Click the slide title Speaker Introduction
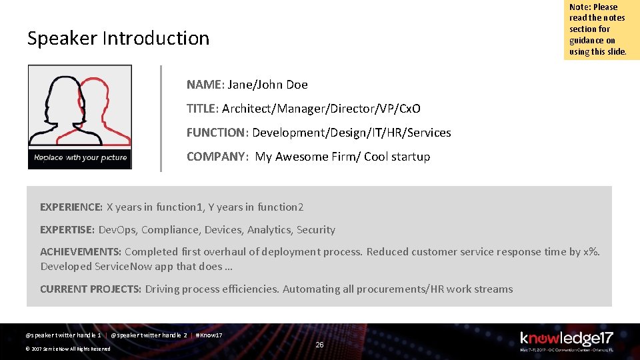click(x=118, y=39)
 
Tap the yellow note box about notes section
click(x=601, y=30)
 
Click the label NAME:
click(x=205, y=85)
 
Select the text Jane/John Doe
click(x=267, y=85)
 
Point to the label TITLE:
click(x=203, y=109)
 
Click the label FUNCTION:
click(x=217, y=133)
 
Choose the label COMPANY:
click(x=218, y=157)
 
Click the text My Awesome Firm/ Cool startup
click(x=343, y=157)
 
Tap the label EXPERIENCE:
click(x=71, y=207)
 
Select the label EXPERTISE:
click(x=67, y=230)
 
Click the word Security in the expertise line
click(x=316, y=230)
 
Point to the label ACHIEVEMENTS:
click(x=81, y=252)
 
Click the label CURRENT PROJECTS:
click(x=91, y=289)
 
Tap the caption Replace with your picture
click(x=80, y=158)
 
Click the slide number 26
click(x=319, y=345)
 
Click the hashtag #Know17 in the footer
click(x=208, y=335)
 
